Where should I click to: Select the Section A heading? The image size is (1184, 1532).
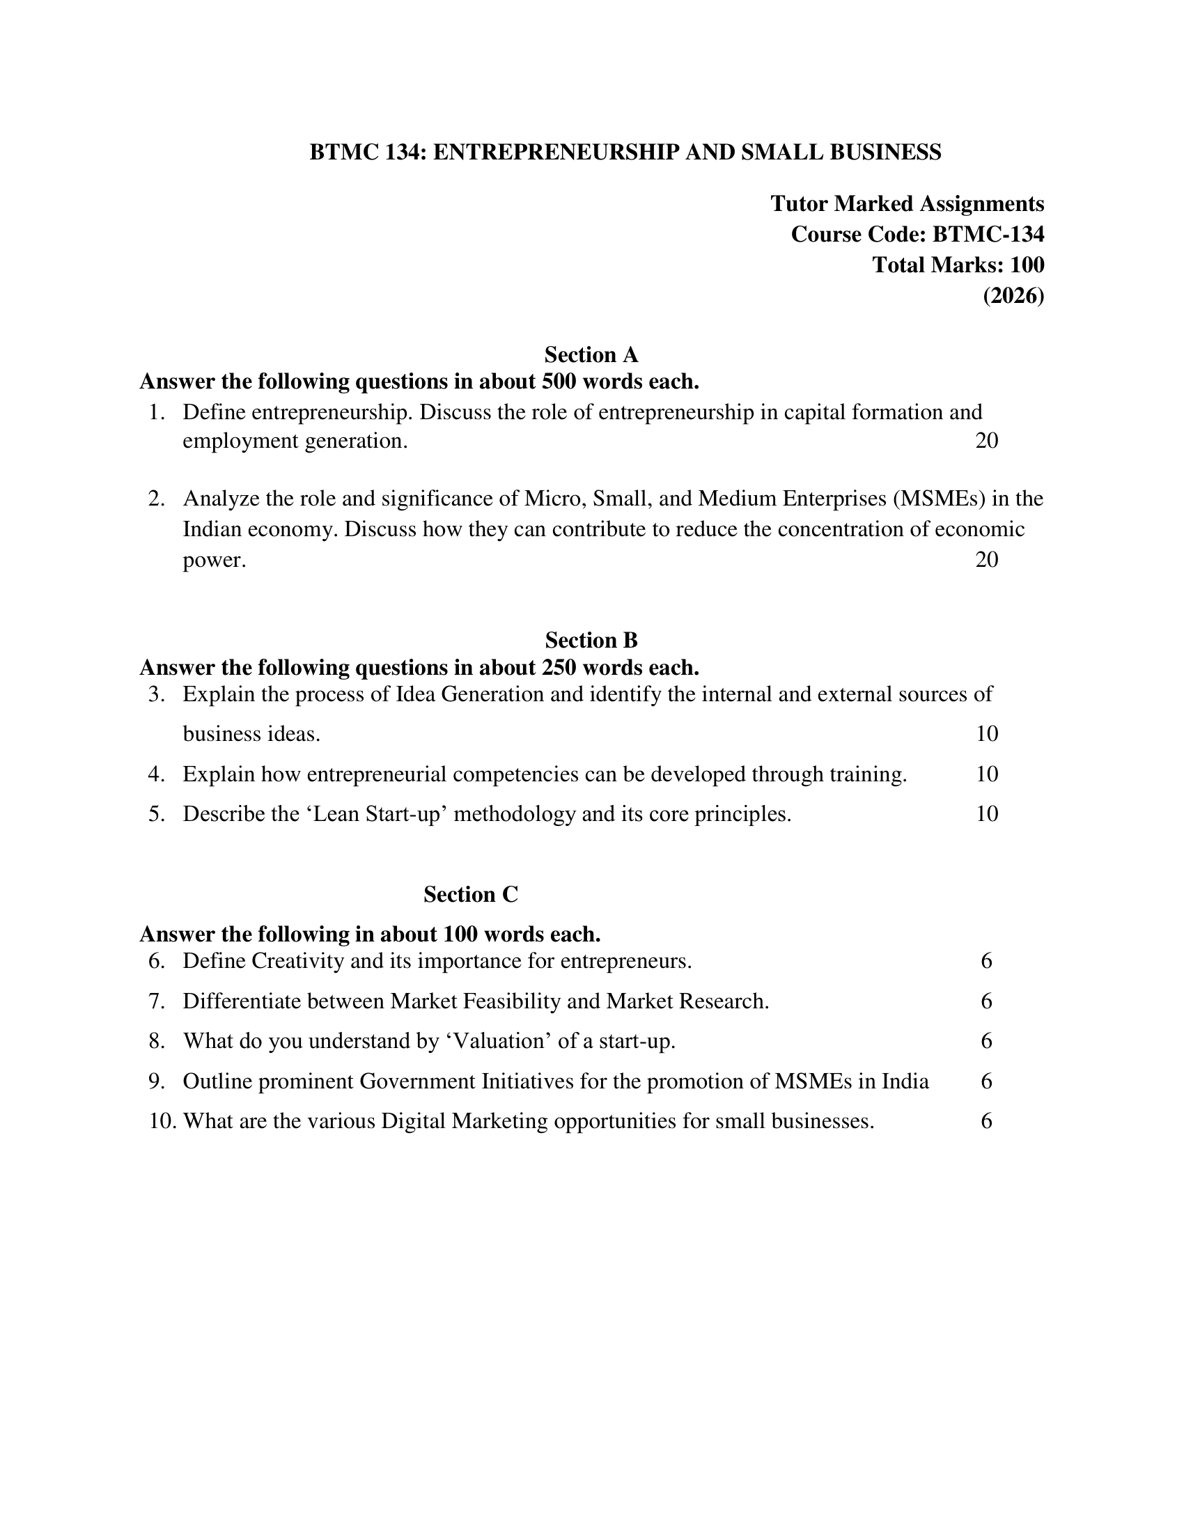tap(591, 354)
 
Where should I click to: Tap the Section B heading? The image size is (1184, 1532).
tap(591, 640)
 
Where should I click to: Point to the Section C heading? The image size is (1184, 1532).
tap(471, 894)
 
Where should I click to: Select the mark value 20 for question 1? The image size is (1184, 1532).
tap(986, 441)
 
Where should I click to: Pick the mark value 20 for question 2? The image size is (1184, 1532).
tap(986, 560)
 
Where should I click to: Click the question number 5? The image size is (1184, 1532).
tap(157, 815)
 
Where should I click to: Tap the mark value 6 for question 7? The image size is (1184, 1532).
tap(986, 1001)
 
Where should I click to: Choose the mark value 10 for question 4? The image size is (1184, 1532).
tap(986, 774)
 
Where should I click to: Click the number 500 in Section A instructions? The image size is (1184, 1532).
tap(559, 382)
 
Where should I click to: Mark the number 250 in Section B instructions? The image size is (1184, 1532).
tap(559, 667)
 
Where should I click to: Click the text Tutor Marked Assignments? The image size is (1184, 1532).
tap(907, 203)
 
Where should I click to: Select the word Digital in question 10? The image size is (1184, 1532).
tap(413, 1121)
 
